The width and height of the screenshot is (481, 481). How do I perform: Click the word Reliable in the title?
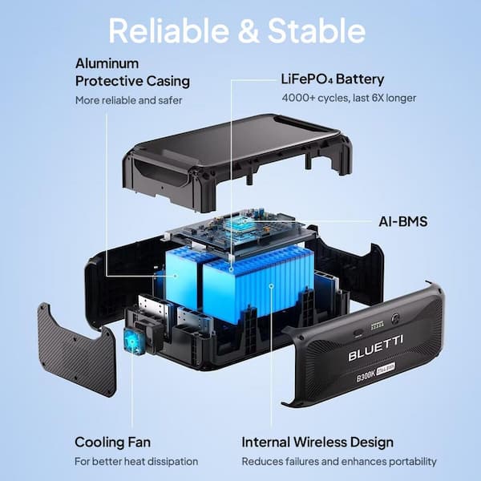point(169,30)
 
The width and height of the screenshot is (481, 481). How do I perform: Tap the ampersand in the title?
point(249,31)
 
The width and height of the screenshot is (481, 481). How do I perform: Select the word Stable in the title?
point(317,30)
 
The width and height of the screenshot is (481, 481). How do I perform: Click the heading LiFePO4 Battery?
point(333,79)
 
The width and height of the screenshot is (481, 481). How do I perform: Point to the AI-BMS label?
point(402,221)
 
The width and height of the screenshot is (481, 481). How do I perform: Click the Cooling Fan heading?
point(112,442)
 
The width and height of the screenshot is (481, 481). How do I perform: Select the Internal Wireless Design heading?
point(317,442)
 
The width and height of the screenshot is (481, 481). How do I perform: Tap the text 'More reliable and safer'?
point(128,100)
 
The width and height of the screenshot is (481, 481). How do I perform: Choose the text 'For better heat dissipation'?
point(136,462)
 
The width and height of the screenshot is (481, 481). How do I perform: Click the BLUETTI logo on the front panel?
point(375,348)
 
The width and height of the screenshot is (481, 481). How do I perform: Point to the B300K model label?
point(366,377)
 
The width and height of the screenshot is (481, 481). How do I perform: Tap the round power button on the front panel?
point(396,319)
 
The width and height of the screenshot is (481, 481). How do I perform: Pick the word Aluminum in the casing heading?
point(107,63)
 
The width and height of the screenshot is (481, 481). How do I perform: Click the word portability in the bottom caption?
point(410,462)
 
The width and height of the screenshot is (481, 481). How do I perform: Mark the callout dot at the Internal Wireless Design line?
point(271,286)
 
